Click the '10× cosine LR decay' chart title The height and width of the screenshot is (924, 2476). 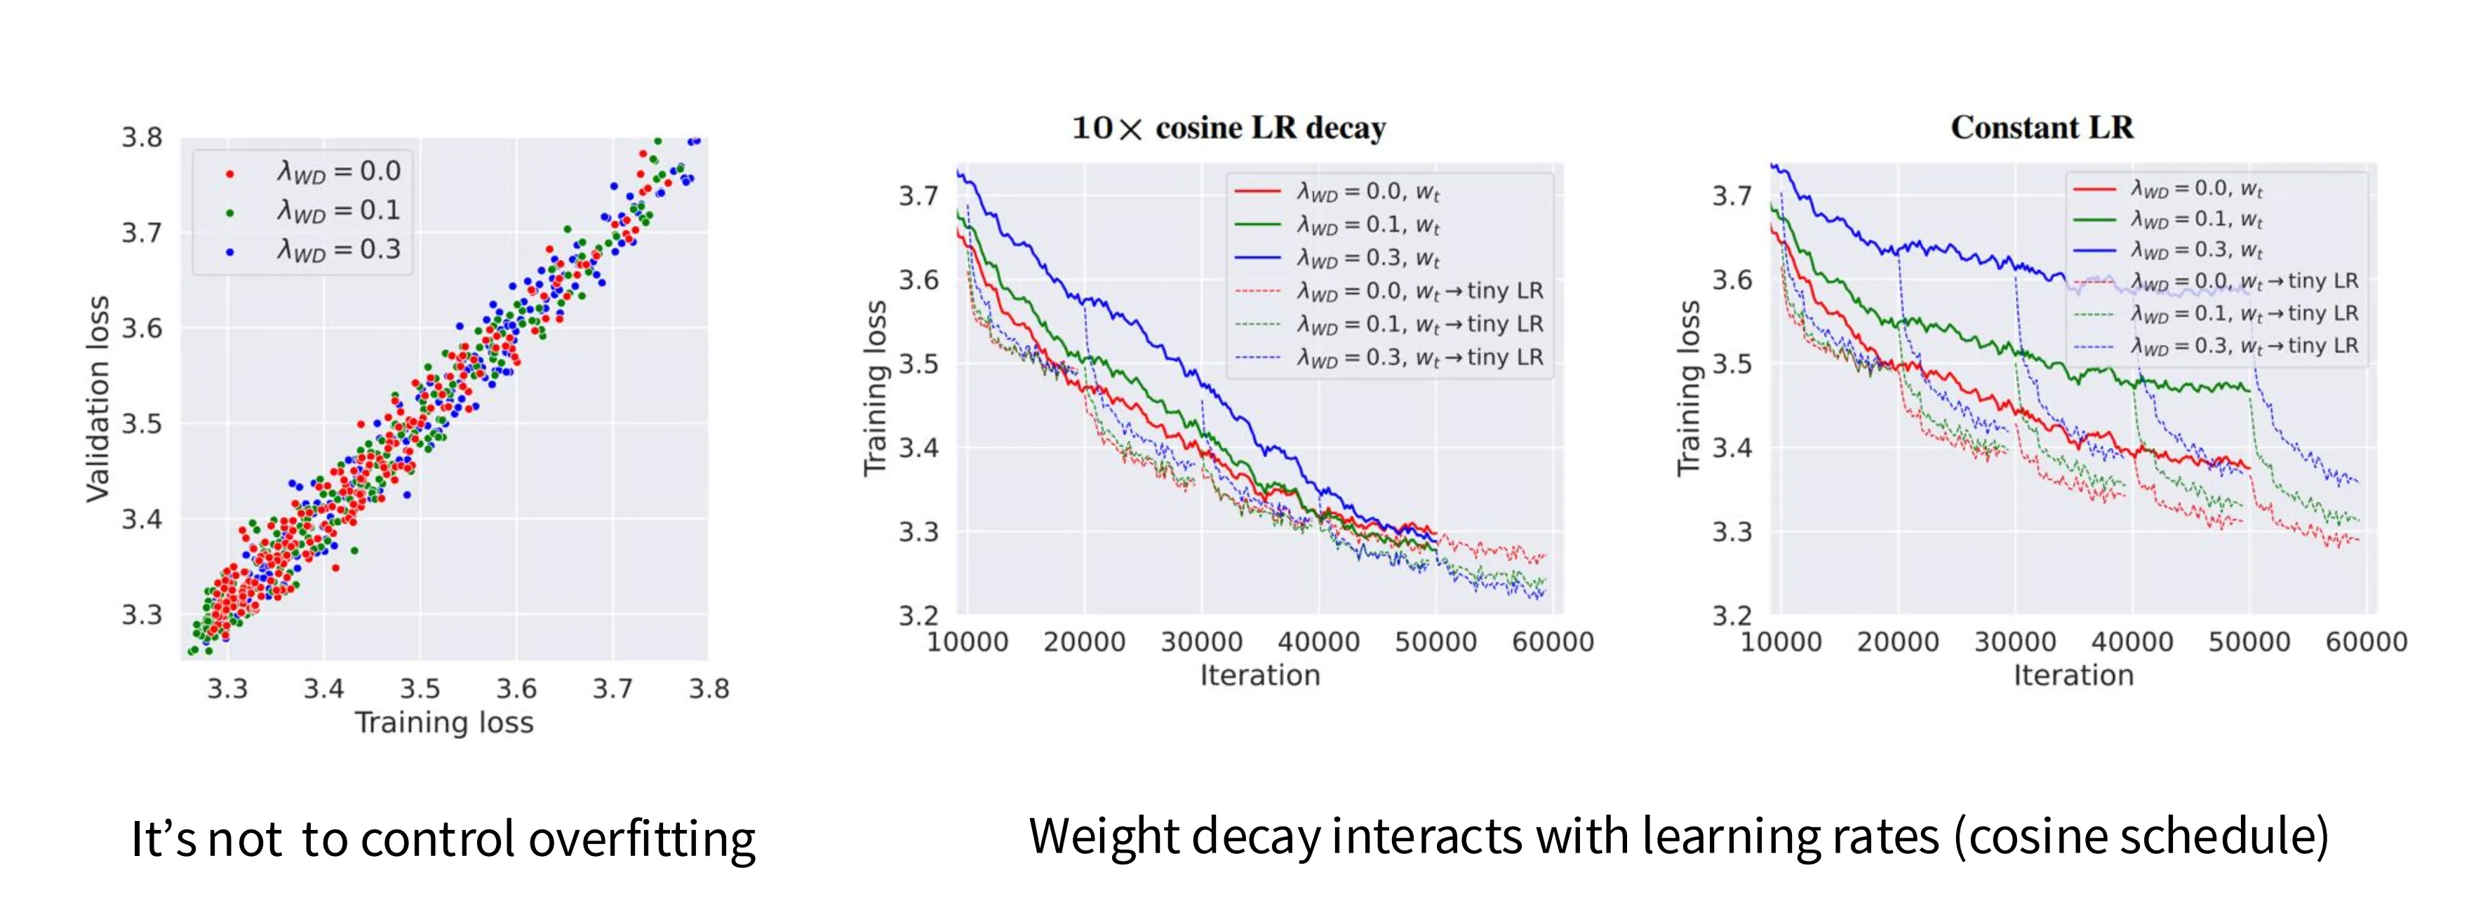[x=1229, y=128]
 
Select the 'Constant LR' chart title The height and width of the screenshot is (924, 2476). [x=2042, y=128]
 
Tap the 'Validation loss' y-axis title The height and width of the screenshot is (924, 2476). [x=98, y=399]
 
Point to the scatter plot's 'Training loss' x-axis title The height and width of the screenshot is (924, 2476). [x=444, y=722]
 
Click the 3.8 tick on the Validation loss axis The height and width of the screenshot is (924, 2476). [x=141, y=137]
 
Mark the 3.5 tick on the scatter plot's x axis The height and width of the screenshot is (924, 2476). [x=420, y=688]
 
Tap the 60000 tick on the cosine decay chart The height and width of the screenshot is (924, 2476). [x=1552, y=641]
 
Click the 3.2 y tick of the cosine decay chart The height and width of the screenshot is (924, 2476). [x=918, y=615]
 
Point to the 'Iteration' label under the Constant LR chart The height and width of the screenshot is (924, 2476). [x=2073, y=675]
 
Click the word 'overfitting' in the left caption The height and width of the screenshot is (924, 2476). [x=642, y=839]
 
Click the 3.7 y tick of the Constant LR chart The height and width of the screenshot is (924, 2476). [x=1732, y=196]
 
